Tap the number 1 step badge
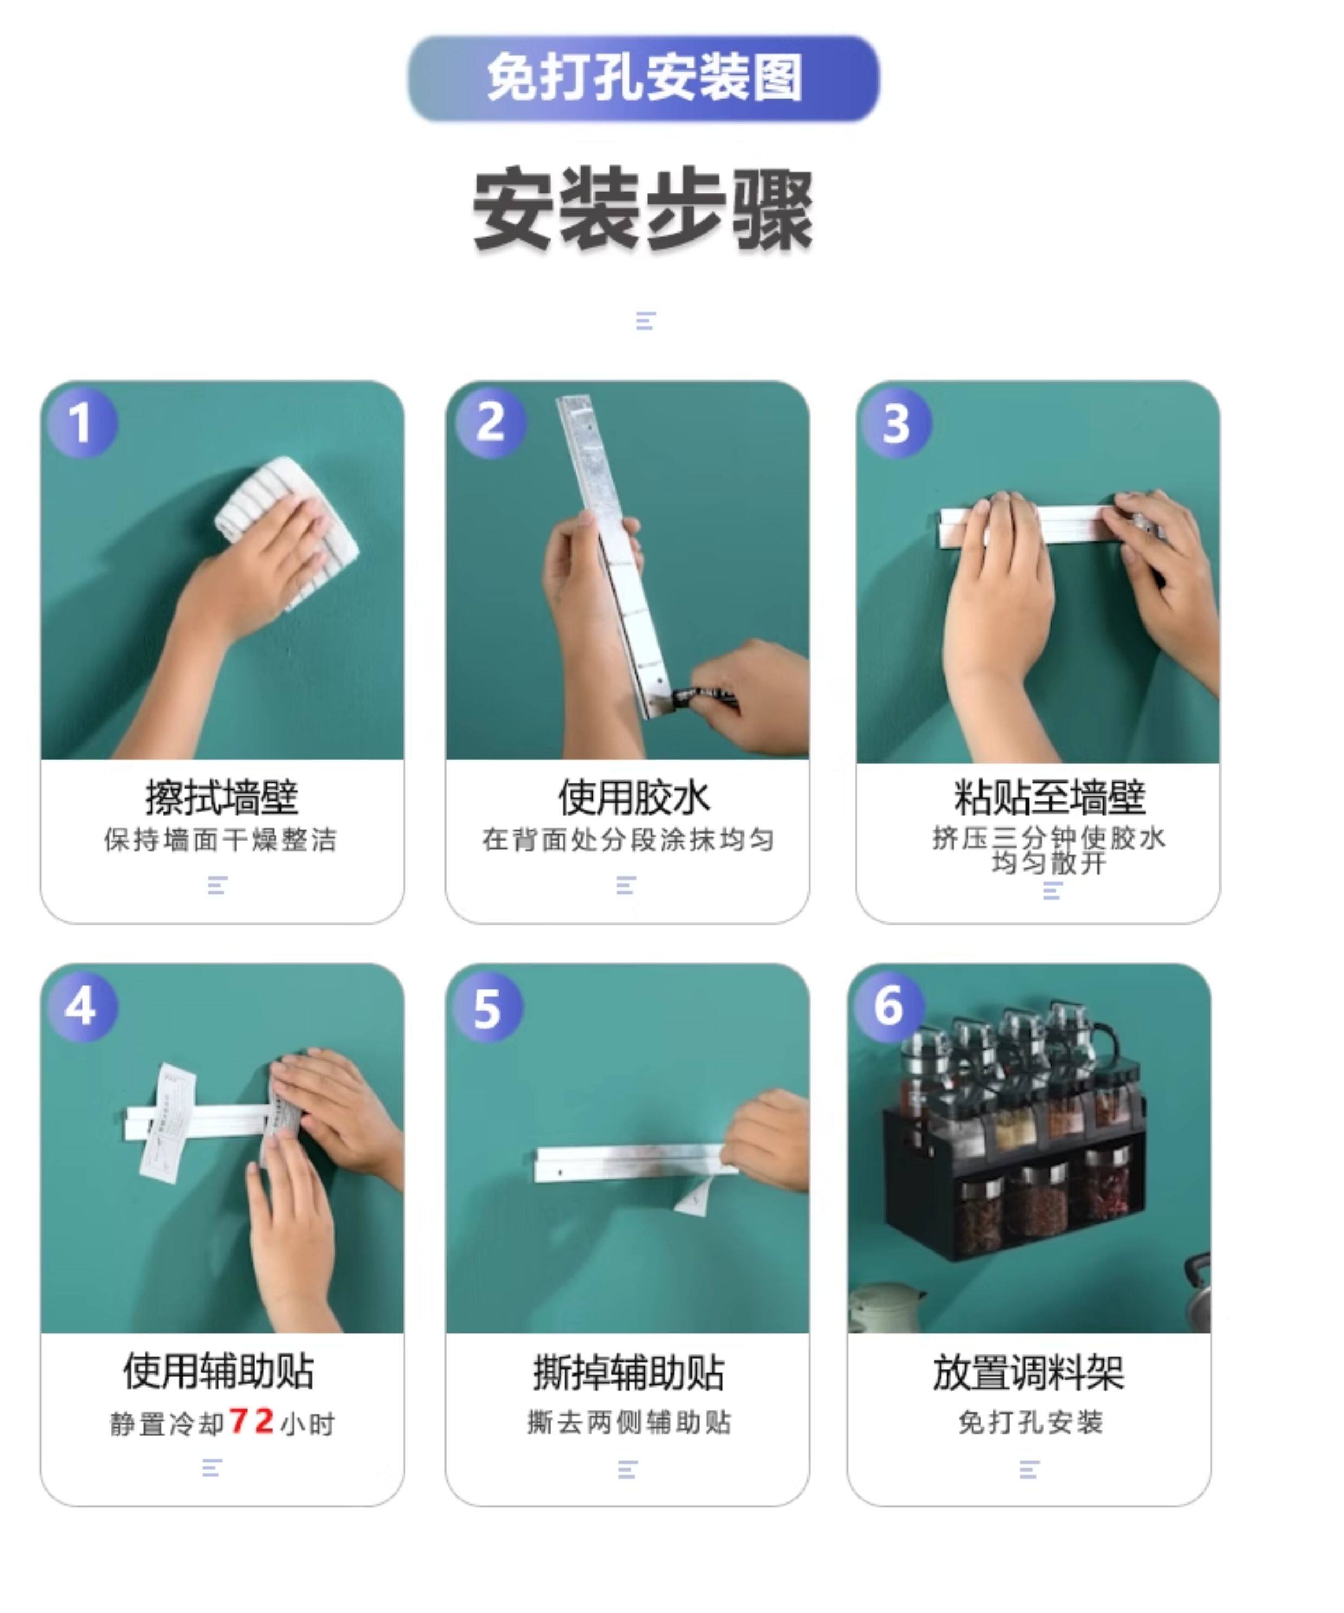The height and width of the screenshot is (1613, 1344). [82, 422]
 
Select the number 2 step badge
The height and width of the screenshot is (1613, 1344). [491, 422]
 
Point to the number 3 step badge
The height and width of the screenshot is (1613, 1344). [896, 422]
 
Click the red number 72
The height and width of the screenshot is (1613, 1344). [252, 1421]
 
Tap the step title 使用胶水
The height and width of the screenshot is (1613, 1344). [634, 797]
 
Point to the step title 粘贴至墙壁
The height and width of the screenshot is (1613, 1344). [1049, 797]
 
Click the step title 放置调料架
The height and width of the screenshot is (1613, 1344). [1029, 1372]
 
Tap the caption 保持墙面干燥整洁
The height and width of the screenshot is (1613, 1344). [221, 840]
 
